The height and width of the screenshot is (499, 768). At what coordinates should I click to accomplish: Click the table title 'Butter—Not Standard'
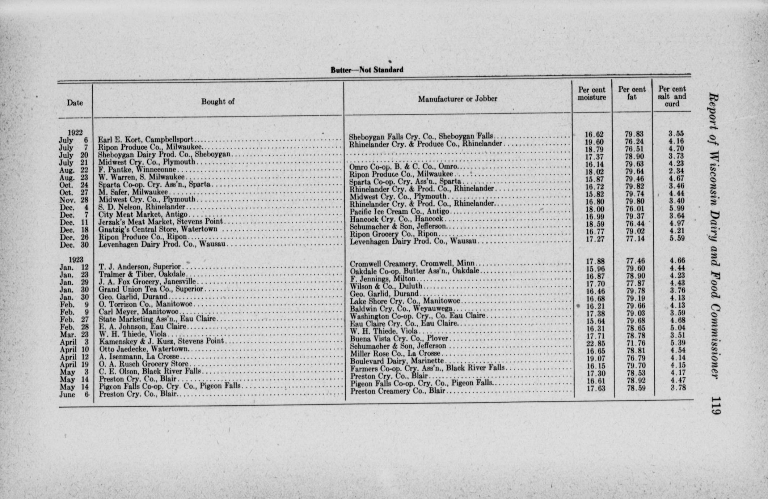pos(367,70)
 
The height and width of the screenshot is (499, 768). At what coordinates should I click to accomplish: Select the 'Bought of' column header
pos(218,102)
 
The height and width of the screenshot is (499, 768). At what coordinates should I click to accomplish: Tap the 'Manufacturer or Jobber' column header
pos(457,99)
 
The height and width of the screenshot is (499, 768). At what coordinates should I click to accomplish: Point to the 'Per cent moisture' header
pos(592,94)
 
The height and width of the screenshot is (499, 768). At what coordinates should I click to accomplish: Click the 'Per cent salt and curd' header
pos(672,96)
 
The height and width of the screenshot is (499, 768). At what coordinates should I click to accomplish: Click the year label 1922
pos(75,133)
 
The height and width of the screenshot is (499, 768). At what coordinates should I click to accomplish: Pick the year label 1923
pos(75,260)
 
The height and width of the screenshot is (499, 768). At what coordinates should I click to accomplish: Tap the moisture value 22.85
pos(595,343)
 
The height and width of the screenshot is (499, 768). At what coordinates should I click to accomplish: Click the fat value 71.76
pos(636,343)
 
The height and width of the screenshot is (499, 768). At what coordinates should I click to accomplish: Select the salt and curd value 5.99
pos(676,208)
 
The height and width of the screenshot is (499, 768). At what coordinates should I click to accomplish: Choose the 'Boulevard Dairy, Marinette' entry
pos(397,361)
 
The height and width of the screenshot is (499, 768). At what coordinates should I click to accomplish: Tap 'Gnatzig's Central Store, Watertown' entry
pos(158,229)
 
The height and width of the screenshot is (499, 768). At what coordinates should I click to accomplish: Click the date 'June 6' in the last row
pos(75,394)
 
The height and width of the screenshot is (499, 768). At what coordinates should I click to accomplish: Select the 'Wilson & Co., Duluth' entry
pos(386,286)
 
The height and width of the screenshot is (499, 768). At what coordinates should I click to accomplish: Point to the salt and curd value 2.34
pos(676,171)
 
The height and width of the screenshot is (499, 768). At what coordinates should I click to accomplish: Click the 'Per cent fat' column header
pos(632,93)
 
